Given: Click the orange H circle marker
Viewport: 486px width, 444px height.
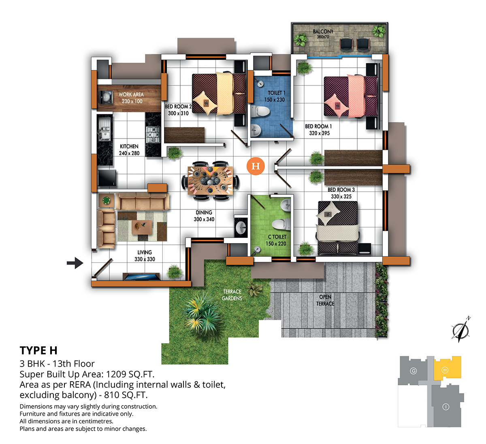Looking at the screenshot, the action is click(256, 166).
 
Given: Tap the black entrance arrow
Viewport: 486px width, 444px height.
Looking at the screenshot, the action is click(75, 263).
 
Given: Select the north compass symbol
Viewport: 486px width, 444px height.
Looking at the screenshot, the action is click(461, 330).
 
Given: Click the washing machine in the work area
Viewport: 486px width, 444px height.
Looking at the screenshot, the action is click(106, 97).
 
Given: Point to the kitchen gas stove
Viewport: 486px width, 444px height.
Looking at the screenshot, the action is click(153, 134).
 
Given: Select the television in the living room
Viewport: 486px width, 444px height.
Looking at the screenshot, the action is click(141, 277).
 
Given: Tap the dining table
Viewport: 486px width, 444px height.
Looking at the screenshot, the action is click(210, 181).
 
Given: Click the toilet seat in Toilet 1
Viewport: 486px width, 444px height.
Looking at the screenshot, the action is click(260, 111).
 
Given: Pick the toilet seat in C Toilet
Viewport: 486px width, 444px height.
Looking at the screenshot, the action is click(281, 224).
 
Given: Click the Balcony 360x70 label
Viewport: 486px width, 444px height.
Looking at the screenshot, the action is click(323, 34).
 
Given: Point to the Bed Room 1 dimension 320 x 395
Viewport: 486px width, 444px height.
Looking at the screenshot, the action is click(319, 133).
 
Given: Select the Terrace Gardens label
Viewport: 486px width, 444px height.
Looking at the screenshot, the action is click(232, 295).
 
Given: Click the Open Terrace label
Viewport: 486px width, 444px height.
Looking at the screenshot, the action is click(325, 300).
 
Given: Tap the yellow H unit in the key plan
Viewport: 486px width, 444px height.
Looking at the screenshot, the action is click(447, 368).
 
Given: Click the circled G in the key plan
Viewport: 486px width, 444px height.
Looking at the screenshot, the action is click(413, 371).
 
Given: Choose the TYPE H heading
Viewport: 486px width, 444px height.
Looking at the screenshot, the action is click(38, 350).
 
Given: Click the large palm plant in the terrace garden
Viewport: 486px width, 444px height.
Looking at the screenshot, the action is click(202, 313).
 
